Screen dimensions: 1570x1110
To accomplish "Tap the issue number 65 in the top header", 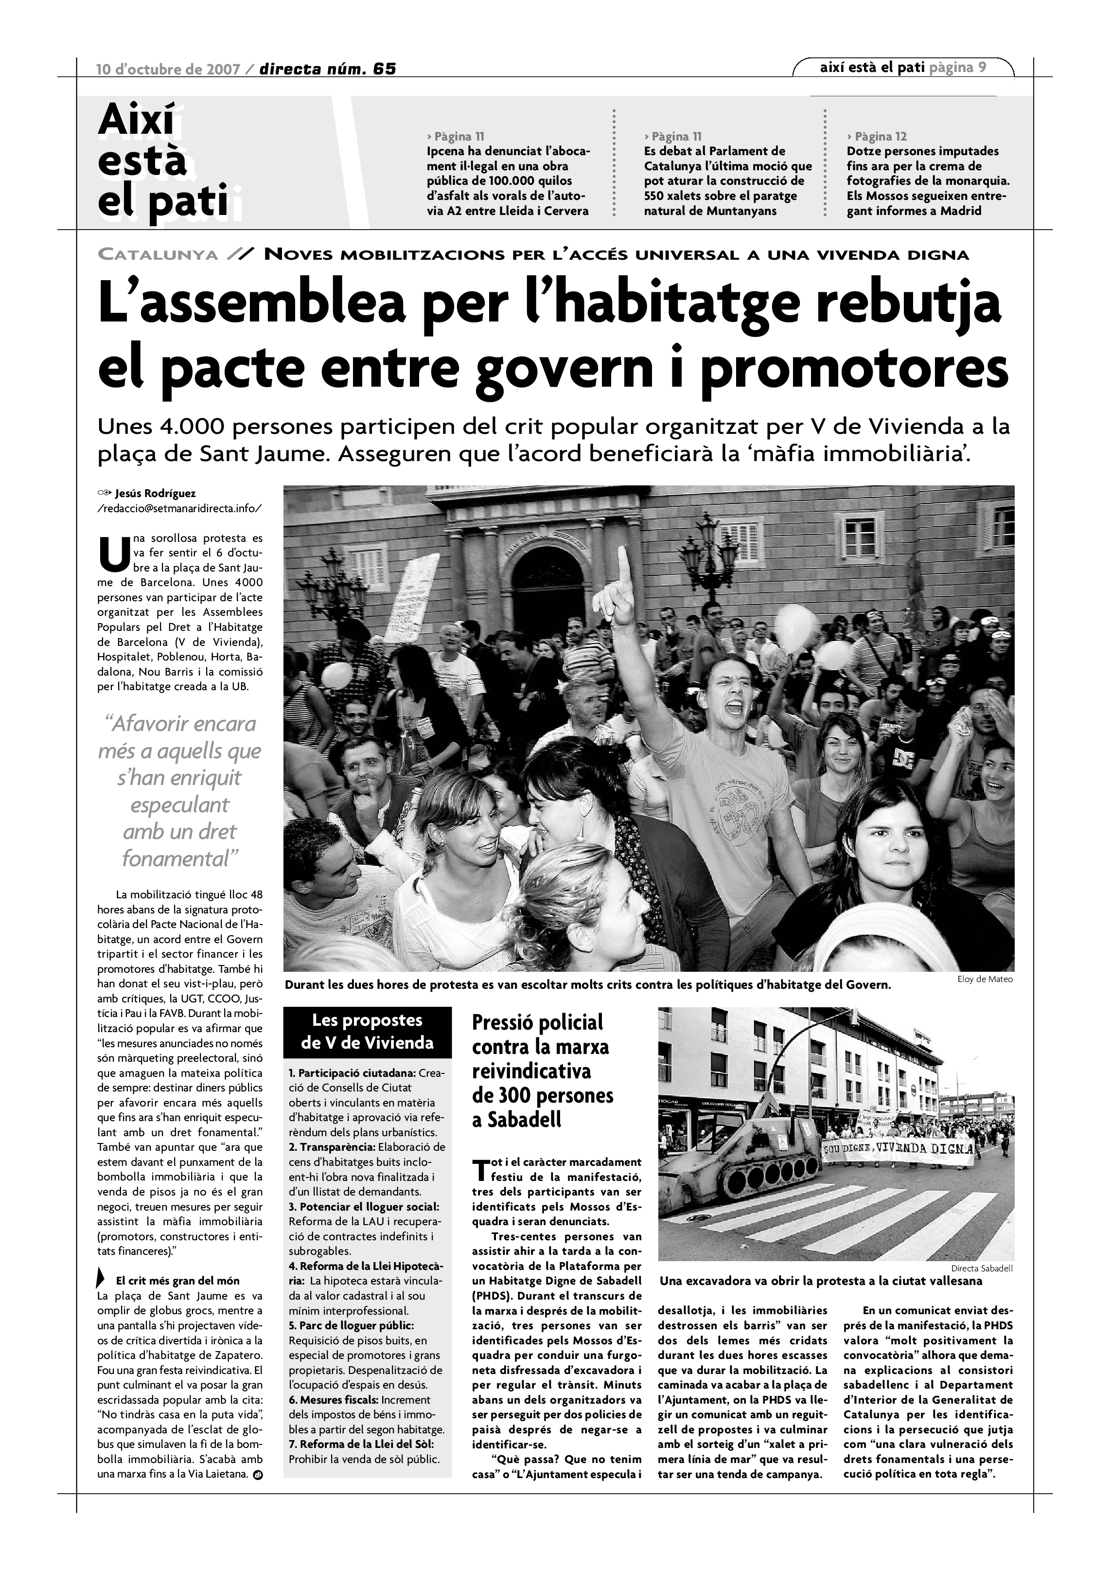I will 385,69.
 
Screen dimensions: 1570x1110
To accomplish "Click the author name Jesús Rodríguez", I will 156,493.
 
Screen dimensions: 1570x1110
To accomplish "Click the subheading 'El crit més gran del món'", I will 178,1281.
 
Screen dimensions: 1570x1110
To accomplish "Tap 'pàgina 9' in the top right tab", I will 958,67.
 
